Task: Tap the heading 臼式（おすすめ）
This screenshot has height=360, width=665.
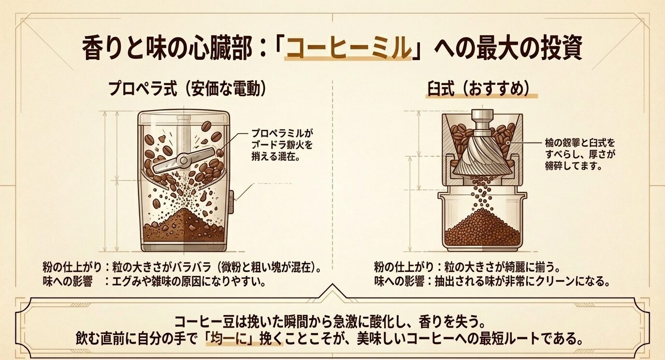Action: tap(481, 89)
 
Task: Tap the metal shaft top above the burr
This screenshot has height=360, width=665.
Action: tap(481, 116)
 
